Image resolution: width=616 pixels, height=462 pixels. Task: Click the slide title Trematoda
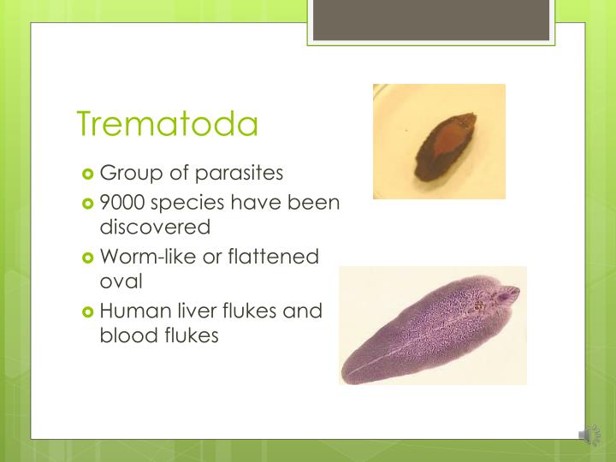point(168,124)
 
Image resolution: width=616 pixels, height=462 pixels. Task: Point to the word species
point(187,204)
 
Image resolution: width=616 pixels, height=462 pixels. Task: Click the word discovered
point(155,227)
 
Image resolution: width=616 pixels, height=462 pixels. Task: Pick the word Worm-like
point(146,257)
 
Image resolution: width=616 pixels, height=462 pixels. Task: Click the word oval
point(121,281)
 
